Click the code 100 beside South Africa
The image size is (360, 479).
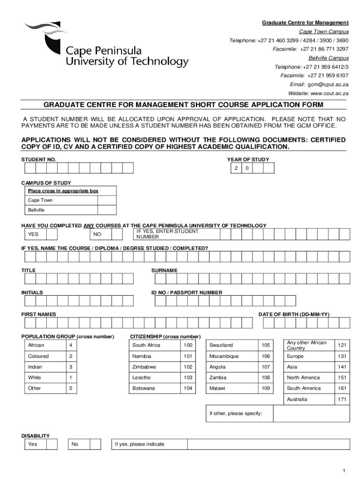pyautogui.click(x=188, y=345)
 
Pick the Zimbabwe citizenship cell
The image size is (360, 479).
pyautogui.click(x=155, y=367)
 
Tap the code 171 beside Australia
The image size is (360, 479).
pyautogui.click(x=341, y=399)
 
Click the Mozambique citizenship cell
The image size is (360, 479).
pyautogui.click(x=231, y=356)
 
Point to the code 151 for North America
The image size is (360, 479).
pyautogui.click(x=341, y=378)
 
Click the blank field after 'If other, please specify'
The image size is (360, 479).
pyautogui.click(x=311, y=414)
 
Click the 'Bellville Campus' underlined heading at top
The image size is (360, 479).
pyautogui.click(x=328, y=58)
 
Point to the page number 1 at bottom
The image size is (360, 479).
pyautogui.click(x=344, y=470)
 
